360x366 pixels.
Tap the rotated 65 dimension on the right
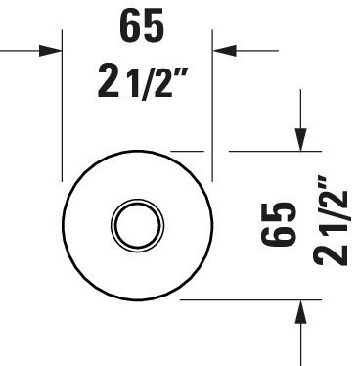pyautogui.click(x=279, y=225)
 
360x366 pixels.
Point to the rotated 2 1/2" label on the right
pyautogui.click(x=331, y=220)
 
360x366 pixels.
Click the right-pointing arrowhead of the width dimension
pyautogui.click(x=51, y=51)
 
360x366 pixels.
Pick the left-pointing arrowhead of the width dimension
pyautogui.click(x=224, y=51)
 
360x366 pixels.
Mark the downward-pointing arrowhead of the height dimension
pyautogui.click(x=300, y=140)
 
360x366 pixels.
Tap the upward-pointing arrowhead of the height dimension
pyautogui.click(x=300, y=311)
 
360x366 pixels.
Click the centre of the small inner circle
pyautogui.click(x=137, y=225)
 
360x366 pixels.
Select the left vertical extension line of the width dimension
pyautogui.click(x=62, y=106)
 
